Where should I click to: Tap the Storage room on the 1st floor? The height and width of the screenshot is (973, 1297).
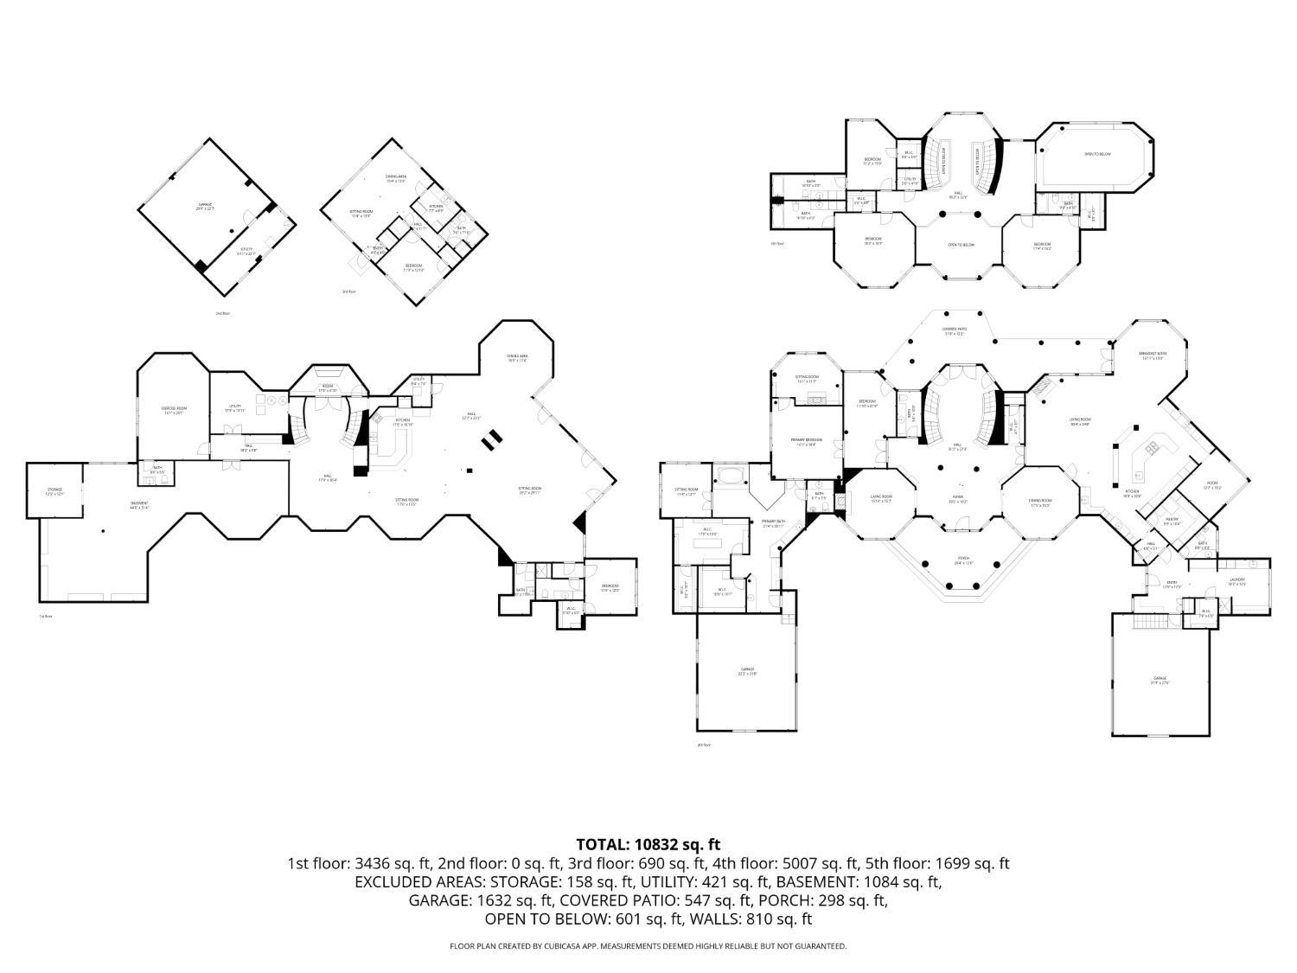54,491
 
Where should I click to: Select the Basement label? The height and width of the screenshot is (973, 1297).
139,505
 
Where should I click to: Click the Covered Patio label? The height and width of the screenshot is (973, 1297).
955,331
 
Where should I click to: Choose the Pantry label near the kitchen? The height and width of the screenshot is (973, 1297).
1172,522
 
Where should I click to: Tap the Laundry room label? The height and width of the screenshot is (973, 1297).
1236,581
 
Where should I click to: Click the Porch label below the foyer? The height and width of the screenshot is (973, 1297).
963,560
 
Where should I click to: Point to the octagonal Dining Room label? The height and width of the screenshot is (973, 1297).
1039,502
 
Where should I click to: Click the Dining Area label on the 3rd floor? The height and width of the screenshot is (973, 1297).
395,178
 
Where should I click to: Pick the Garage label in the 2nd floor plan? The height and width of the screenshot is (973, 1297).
204,206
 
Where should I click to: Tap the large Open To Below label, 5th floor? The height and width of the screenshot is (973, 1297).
1097,155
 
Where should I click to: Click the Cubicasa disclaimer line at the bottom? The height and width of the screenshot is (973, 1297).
648,946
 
